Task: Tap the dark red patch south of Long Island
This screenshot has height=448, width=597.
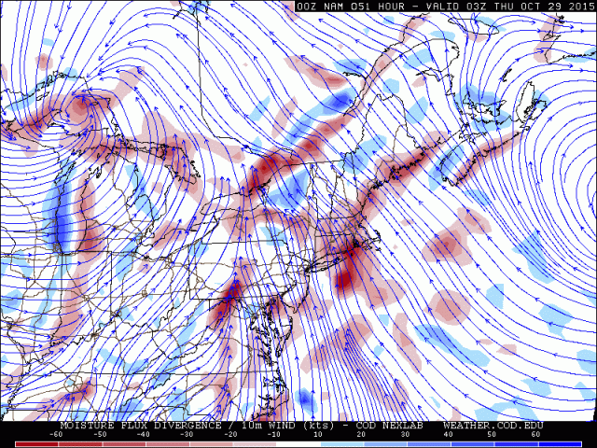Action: [x=345, y=276]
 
